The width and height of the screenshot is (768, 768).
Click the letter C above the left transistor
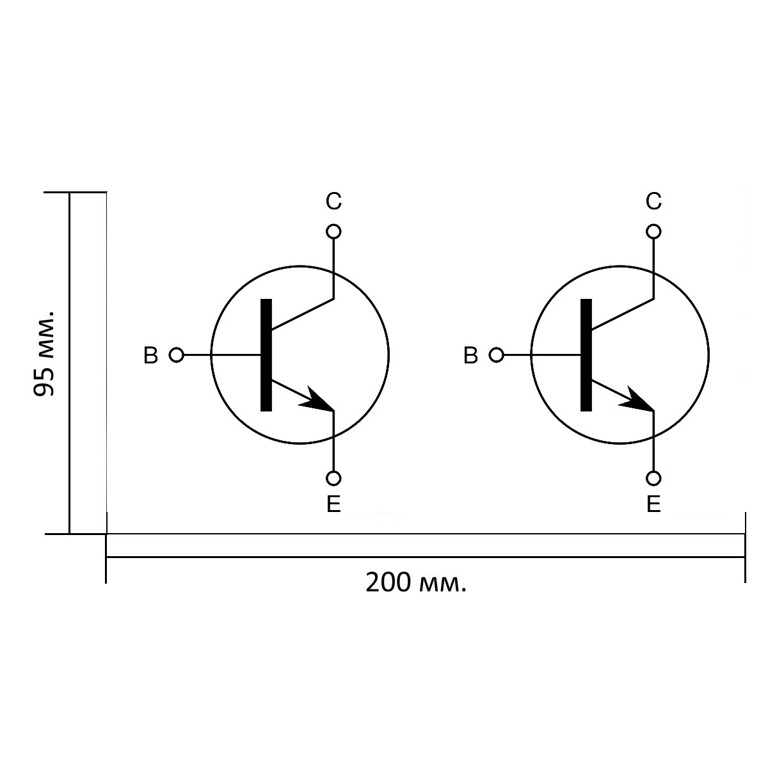[333, 201]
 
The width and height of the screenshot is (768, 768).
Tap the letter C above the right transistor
[653, 201]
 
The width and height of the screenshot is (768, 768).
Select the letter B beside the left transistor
[150, 355]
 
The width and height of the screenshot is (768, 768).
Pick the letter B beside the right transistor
[470, 355]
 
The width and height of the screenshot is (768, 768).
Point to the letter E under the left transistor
[333, 504]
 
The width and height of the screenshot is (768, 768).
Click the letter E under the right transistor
[653, 504]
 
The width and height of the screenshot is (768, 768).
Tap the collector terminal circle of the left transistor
[333, 232]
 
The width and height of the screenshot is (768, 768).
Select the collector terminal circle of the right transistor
[653, 232]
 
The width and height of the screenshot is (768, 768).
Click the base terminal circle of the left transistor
[177, 355]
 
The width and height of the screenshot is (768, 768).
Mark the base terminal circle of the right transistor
[497, 355]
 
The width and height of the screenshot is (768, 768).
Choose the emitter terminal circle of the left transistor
[333, 478]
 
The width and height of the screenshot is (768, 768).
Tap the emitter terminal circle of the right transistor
[653, 478]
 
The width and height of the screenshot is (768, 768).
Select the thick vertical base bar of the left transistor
[266, 355]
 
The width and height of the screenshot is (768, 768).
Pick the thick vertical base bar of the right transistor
[586, 355]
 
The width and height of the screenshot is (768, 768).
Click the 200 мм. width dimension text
[416, 582]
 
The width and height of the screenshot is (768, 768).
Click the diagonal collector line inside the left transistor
[303, 314]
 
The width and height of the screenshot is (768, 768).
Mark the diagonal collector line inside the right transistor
[623, 314]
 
